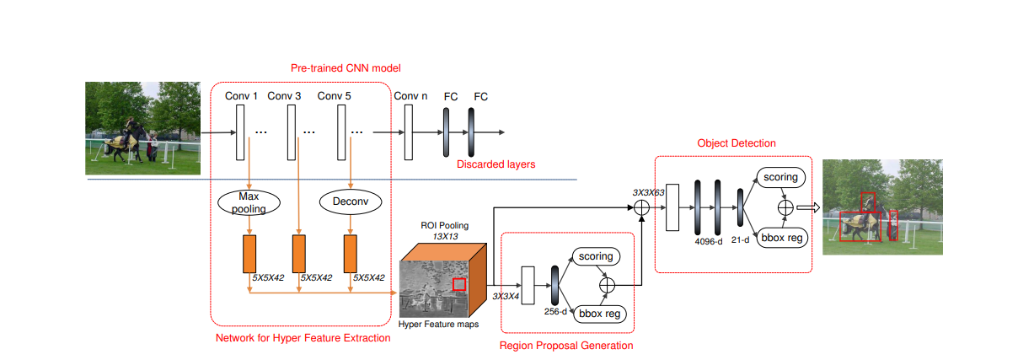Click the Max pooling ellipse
(249, 202)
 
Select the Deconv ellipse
(351, 201)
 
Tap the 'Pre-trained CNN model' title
(346, 68)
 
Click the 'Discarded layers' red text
(496, 164)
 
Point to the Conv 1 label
(241, 96)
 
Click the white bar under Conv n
(409, 132)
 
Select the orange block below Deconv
(351, 254)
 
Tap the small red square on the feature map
(458, 284)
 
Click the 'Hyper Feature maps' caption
(438, 325)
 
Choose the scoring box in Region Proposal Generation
(596, 256)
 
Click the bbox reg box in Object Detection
(782, 238)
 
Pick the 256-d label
(555, 312)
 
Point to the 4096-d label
(709, 241)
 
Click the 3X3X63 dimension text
(648, 192)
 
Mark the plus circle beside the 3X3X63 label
(641, 207)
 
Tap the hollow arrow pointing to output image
(808, 207)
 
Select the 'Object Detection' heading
(737, 143)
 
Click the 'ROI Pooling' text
(445, 225)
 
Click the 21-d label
(740, 240)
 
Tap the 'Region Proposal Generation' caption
(566, 346)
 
